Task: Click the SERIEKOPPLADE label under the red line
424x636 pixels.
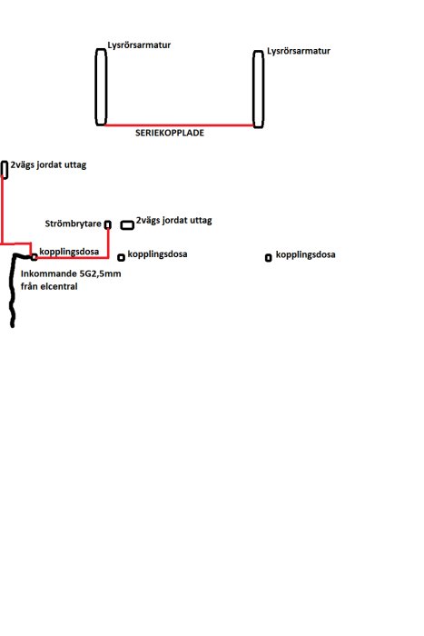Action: pyautogui.click(x=170, y=133)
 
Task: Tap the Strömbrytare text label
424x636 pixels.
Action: pyautogui.click(x=73, y=224)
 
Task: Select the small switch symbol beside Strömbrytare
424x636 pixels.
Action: pyautogui.click(x=108, y=224)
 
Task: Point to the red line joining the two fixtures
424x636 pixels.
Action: pyautogui.click(x=179, y=125)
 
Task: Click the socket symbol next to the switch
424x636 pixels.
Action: pyautogui.click(x=127, y=224)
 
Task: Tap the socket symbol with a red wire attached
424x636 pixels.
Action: pyautogui.click(x=4, y=170)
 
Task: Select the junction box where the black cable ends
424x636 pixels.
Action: pyautogui.click(x=35, y=257)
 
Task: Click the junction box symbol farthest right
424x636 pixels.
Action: pyautogui.click(x=269, y=257)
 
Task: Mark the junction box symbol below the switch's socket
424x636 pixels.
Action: pyautogui.click(x=121, y=257)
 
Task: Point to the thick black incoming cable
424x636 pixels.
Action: pyautogui.click(x=12, y=291)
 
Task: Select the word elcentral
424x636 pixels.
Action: pyautogui.click(x=61, y=286)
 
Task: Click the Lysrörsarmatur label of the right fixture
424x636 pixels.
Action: pyautogui.click(x=299, y=51)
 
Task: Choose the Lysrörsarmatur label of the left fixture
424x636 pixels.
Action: pyautogui.click(x=139, y=45)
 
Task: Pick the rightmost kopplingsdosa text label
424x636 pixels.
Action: pyautogui.click(x=306, y=254)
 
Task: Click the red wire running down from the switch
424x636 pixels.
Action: pyautogui.click(x=108, y=243)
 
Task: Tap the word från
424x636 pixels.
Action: pyautogui.click(x=31, y=286)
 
